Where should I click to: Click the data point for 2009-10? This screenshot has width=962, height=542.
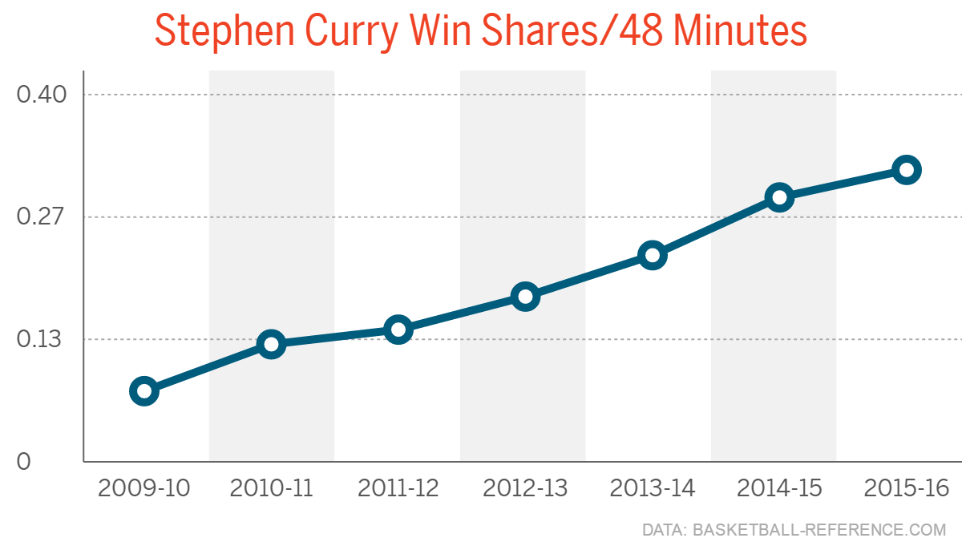[143, 391]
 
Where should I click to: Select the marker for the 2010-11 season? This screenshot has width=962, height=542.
[271, 345]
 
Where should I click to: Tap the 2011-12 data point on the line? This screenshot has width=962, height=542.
[398, 330]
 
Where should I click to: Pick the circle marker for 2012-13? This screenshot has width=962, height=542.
[525, 297]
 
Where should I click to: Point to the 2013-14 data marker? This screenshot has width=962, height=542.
[653, 256]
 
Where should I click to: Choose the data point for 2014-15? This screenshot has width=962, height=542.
[779, 197]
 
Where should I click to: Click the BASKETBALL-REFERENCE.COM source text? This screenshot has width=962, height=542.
[819, 530]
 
